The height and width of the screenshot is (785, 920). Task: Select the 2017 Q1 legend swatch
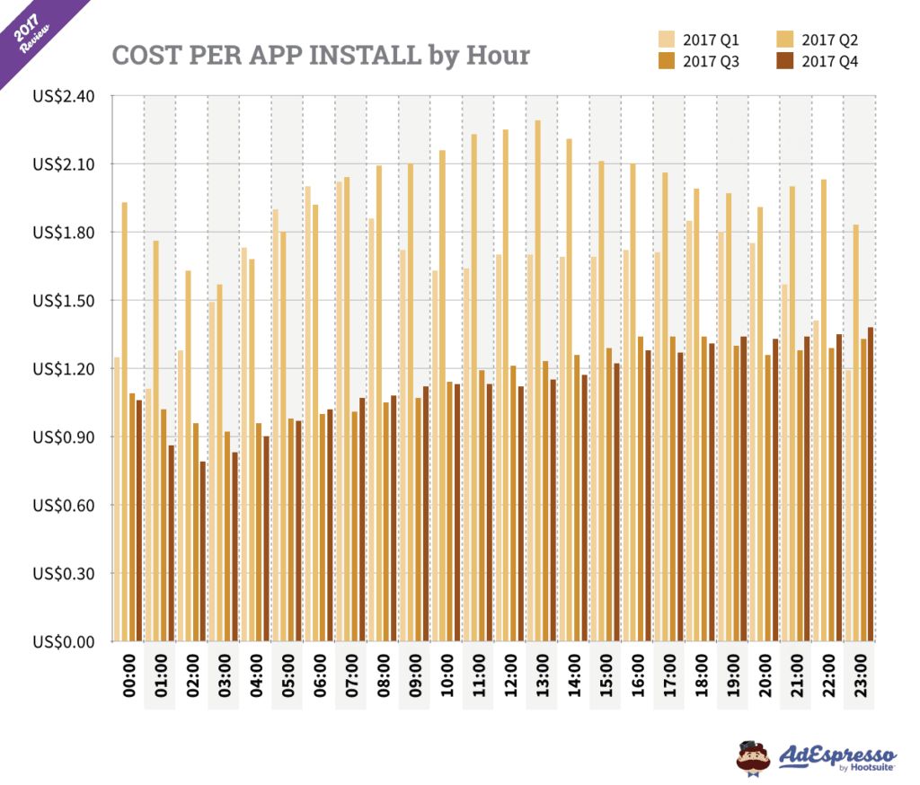pos(666,40)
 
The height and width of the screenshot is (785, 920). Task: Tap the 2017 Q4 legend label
pos(830,62)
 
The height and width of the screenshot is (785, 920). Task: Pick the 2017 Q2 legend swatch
pos(784,40)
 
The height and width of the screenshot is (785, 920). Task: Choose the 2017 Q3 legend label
pos(711,62)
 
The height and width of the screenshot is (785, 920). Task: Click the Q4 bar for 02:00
pos(203,551)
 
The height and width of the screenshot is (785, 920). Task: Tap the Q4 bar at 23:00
pos(871,485)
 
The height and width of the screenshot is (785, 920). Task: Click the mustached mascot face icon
pos(753,757)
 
